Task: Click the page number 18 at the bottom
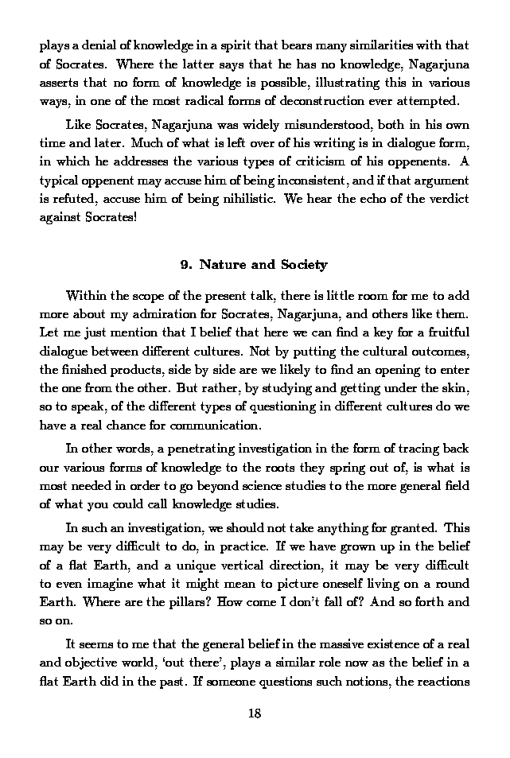tap(255, 713)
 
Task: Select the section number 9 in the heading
tap(185, 265)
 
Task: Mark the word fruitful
tap(444, 334)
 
